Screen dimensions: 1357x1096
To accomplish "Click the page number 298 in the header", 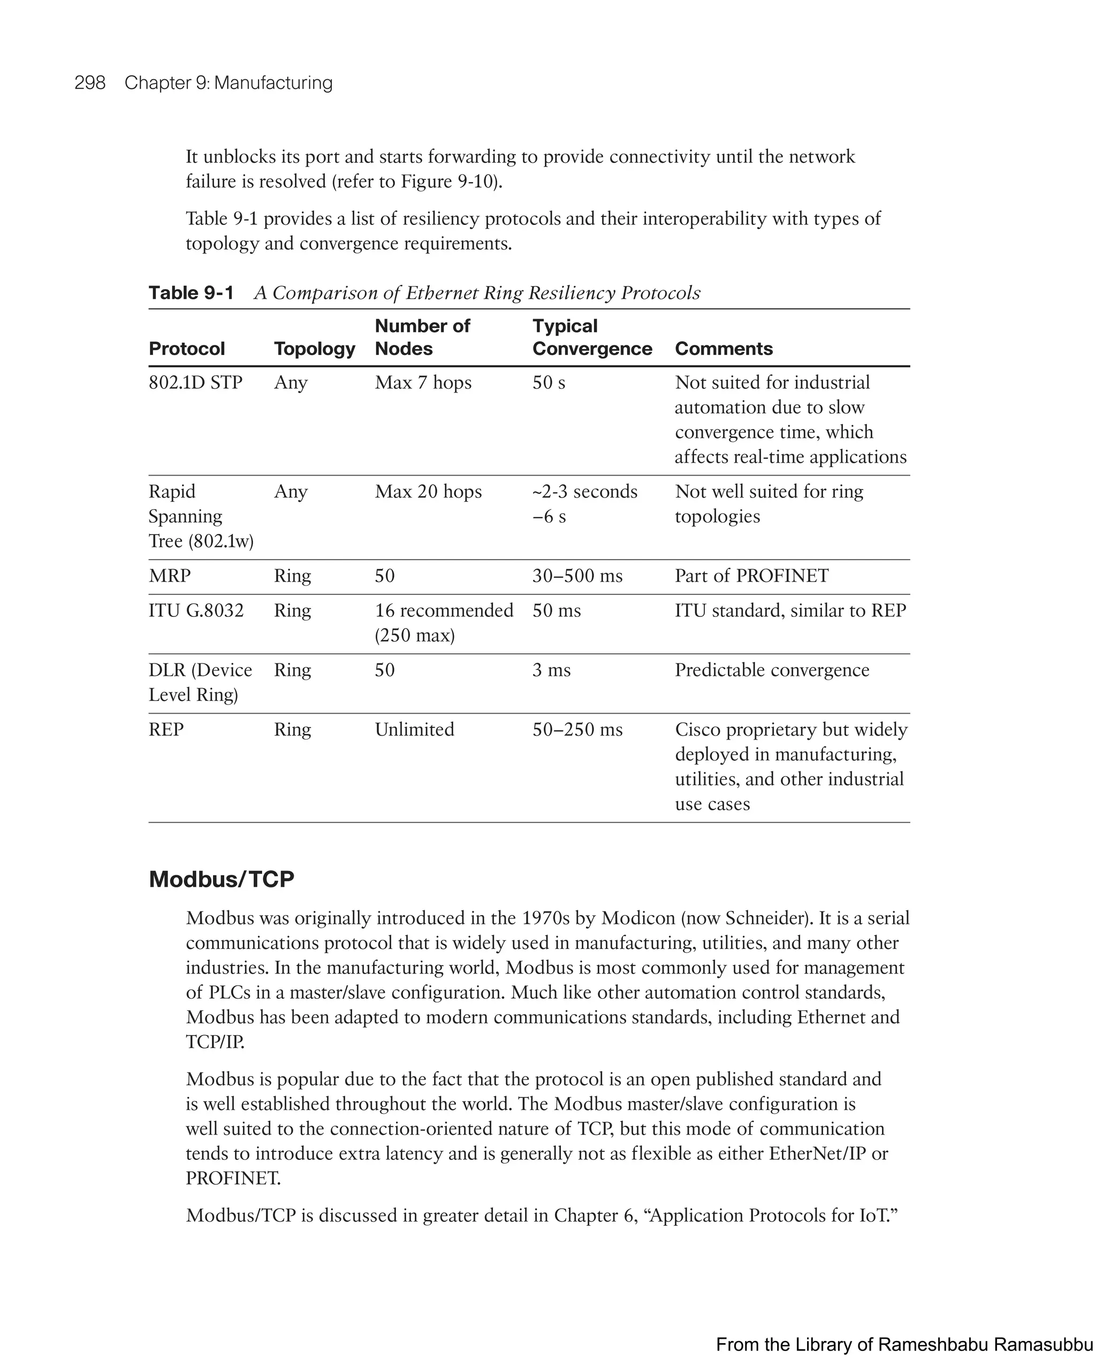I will click(x=90, y=83).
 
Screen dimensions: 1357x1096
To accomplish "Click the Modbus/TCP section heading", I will click(x=222, y=879).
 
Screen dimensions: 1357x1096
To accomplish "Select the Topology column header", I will click(x=315, y=349).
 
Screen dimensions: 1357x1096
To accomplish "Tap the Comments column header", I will click(x=724, y=349).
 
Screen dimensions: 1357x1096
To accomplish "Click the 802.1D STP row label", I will click(x=195, y=383).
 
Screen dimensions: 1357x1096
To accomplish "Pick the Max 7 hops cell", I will click(x=423, y=383).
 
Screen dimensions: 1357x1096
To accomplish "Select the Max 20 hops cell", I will click(x=428, y=492).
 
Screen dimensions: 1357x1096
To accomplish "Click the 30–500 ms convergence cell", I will click(x=577, y=576).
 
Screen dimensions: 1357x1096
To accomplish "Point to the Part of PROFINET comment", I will click(x=751, y=576).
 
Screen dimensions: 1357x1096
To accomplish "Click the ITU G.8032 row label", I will click(x=196, y=610).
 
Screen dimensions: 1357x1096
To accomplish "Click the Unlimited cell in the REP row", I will click(x=414, y=730).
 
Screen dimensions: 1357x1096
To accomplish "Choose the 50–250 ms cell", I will click(x=577, y=730).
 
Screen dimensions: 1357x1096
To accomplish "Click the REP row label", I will click(x=166, y=730).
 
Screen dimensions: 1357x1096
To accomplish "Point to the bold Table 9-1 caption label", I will click(x=191, y=292).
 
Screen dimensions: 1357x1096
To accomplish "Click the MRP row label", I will click(x=169, y=576).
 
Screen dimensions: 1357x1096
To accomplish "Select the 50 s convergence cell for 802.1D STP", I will click(x=549, y=383).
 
